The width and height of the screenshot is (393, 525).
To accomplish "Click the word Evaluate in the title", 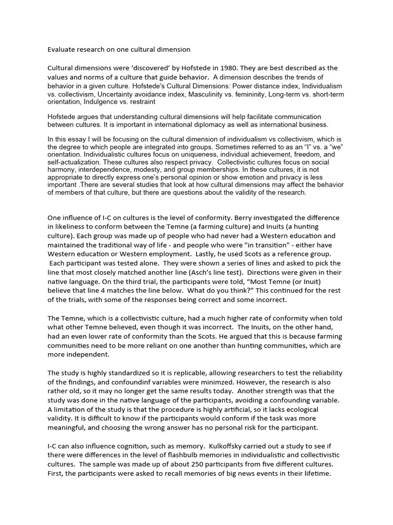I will click(x=62, y=50).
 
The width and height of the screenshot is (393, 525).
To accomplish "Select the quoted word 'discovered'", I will click(x=141, y=68).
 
